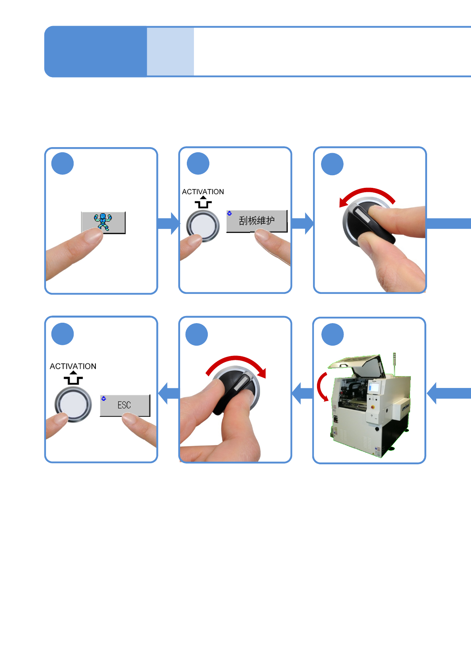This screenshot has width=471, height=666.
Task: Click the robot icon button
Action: coord(103,222)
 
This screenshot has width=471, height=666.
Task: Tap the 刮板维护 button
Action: coord(256,220)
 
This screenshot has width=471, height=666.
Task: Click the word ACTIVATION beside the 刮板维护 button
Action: coord(203,192)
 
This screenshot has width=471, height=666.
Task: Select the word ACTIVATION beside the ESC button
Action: coord(73,366)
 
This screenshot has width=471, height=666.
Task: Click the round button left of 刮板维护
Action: coord(203,225)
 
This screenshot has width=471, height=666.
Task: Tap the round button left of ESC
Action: coord(73,404)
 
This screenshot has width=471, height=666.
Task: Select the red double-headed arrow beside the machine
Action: coord(322,386)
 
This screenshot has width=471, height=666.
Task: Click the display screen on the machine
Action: coord(374,387)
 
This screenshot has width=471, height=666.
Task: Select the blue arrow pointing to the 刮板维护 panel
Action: coord(169,223)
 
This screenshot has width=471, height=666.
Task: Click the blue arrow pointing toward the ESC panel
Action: coord(169,393)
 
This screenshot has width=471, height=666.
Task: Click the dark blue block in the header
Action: coord(95,51)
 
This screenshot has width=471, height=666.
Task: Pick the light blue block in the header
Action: coord(170,51)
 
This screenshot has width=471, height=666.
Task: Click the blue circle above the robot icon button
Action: coord(63,163)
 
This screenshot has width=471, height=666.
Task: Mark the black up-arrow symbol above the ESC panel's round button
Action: coord(73,378)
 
